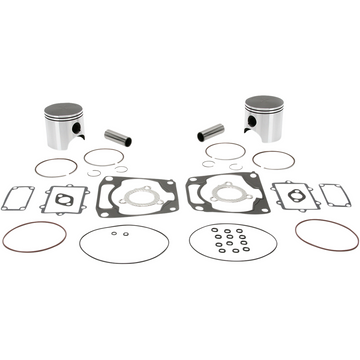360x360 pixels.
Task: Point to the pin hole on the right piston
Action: coord(262,134)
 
